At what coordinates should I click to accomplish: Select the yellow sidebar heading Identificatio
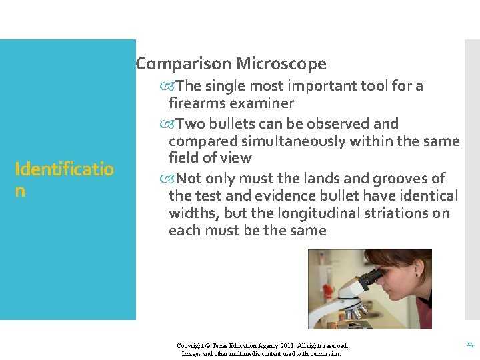(x=64, y=169)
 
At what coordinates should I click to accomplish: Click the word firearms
(x=197, y=103)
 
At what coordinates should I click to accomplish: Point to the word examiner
(x=261, y=103)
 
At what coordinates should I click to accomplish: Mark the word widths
(x=194, y=213)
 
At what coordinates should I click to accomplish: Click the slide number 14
(x=469, y=345)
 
